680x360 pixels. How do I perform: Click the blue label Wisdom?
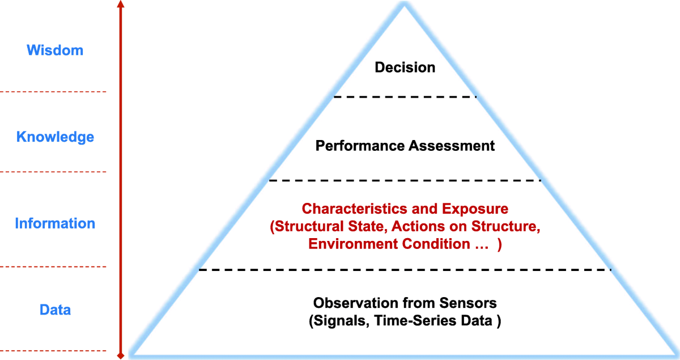tap(55, 50)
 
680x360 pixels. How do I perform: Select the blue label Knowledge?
tap(55, 137)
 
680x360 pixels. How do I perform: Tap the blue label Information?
tap(55, 223)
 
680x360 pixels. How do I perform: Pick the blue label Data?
tap(55, 310)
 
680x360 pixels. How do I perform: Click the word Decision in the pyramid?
tap(405, 67)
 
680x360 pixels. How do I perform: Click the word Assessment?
tap(451, 146)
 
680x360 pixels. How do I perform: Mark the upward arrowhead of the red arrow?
tap(120, 5)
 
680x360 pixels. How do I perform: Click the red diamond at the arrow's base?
tap(120, 355)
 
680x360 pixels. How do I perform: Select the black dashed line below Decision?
tap(405, 97)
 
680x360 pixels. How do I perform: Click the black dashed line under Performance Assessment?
tap(405, 180)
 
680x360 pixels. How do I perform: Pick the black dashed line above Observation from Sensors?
tap(405, 270)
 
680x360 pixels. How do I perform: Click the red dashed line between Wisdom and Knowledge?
tap(54, 92)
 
